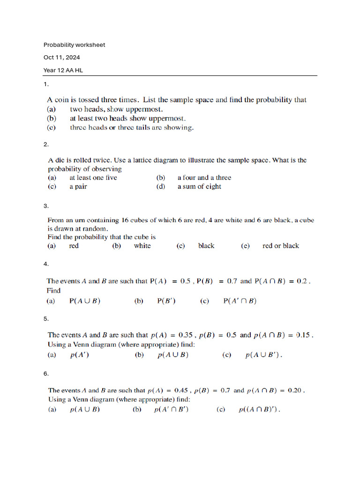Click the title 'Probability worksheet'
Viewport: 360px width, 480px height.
(x=74, y=45)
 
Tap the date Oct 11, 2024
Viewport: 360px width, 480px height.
(x=61, y=58)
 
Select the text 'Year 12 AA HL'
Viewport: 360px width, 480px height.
(x=63, y=70)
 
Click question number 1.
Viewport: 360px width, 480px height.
(x=46, y=84)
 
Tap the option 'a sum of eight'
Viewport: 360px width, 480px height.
(x=199, y=187)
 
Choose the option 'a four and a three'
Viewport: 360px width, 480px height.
(x=204, y=178)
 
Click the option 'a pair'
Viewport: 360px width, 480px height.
(x=78, y=187)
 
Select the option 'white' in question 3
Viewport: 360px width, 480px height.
(x=142, y=246)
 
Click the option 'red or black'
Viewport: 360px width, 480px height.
(x=281, y=246)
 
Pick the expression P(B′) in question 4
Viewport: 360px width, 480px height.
(x=166, y=301)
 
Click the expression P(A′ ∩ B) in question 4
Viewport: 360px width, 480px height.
(x=240, y=301)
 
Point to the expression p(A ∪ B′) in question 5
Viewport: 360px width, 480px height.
(x=264, y=355)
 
